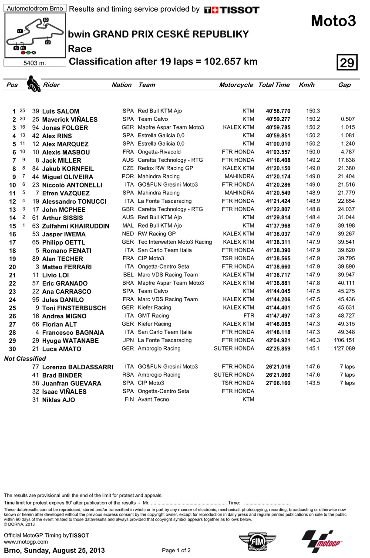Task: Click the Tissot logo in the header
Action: tap(232, 10)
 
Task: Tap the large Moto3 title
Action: tap(333, 21)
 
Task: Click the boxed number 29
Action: tap(347, 63)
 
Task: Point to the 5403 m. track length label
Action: tap(34, 63)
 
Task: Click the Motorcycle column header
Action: tap(236, 85)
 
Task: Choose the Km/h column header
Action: tap(306, 85)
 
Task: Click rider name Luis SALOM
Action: tap(61, 111)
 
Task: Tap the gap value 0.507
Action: tap(348, 119)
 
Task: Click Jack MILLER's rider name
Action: tap(61, 160)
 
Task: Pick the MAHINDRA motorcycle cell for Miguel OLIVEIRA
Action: tap(239, 177)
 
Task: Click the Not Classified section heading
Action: tap(25, 358)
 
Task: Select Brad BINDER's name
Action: tap(62, 375)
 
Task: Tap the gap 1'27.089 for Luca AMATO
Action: tap(344, 348)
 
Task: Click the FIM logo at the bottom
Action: tap(251, 542)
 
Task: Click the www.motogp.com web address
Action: tap(26, 542)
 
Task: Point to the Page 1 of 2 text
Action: tap(176, 550)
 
